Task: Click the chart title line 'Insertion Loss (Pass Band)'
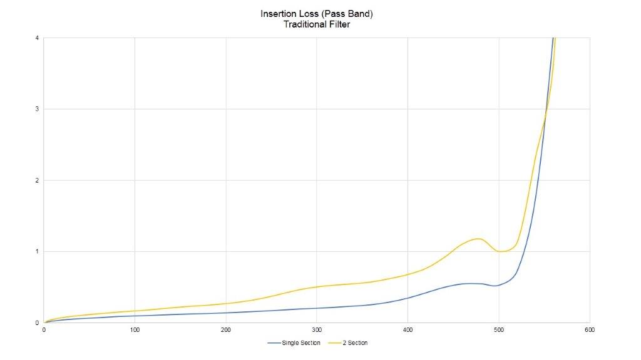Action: coord(320,13)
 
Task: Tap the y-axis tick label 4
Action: coord(37,37)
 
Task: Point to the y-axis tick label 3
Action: coord(37,109)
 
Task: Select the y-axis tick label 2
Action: coord(37,180)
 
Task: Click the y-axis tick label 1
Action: coord(37,251)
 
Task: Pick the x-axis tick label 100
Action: coord(135,329)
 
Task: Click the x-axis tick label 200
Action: coord(225,329)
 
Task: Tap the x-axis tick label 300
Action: coord(316,329)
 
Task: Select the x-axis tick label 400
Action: coord(408,329)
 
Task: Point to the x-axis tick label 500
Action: coord(498,329)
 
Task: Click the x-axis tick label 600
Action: coord(589,329)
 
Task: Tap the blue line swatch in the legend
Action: coord(274,342)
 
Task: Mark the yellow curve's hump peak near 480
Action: coord(479,239)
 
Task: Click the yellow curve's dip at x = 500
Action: coord(501,251)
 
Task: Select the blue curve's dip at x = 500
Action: coord(495,286)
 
